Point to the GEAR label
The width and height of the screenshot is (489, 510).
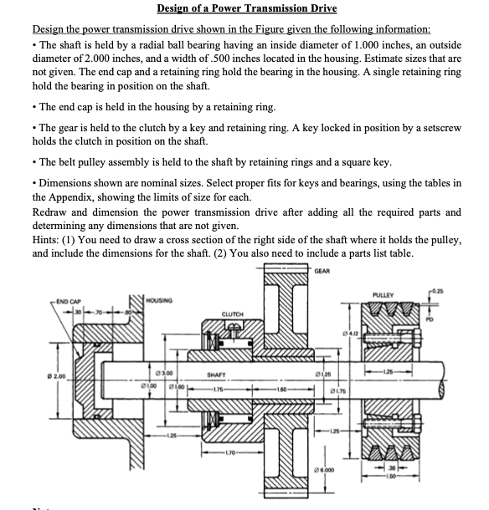pos(324,271)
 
